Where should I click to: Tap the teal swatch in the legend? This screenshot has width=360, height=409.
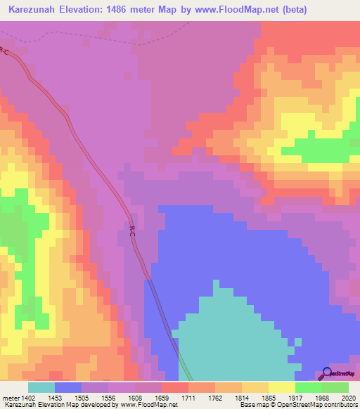(41, 387)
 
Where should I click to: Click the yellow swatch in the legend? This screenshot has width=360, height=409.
(281, 387)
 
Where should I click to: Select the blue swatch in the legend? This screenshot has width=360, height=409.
(68, 387)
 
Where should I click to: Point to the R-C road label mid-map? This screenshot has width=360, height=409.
(132, 231)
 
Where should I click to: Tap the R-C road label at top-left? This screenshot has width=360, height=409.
(6, 51)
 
